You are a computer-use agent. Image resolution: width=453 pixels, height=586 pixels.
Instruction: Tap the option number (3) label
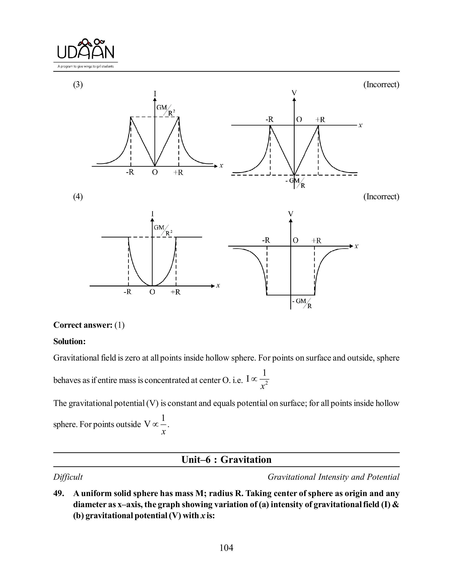click(x=78, y=85)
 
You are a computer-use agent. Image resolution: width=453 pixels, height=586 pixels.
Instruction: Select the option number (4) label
click(x=78, y=197)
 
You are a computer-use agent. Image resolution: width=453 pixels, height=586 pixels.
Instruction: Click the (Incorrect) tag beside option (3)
click(x=381, y=85)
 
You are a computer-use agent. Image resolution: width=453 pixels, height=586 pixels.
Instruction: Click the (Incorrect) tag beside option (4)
click(x=381, y=197)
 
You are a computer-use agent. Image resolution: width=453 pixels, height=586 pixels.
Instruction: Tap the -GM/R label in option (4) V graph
click(x=302, y=303)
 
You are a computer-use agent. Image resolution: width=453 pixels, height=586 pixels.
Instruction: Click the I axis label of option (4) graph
click(x=152, y=214)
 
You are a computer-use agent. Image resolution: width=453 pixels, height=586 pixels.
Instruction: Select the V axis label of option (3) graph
click(x=294, y=93)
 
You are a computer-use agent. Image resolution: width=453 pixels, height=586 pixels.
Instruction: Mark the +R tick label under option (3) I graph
click(x=178, y=173)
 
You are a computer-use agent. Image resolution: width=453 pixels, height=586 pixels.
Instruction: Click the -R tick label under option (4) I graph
click(x=127, y=292)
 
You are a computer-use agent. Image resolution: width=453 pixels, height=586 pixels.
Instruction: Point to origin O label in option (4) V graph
click(x=295, y=240)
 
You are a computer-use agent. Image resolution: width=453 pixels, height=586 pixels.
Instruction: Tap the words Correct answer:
click(x=83, y=325)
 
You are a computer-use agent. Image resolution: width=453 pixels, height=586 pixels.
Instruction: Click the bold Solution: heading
click(x=69, y=341)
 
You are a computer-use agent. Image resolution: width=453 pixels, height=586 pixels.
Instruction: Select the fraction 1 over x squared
click(x=264, y=379)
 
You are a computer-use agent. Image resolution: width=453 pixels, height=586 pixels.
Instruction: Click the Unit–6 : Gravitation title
click(x=226, y=460)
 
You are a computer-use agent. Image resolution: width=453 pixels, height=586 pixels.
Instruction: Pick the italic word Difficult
click(x=68, y=477)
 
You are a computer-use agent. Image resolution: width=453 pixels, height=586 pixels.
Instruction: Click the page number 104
click(x=226, y=548)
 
